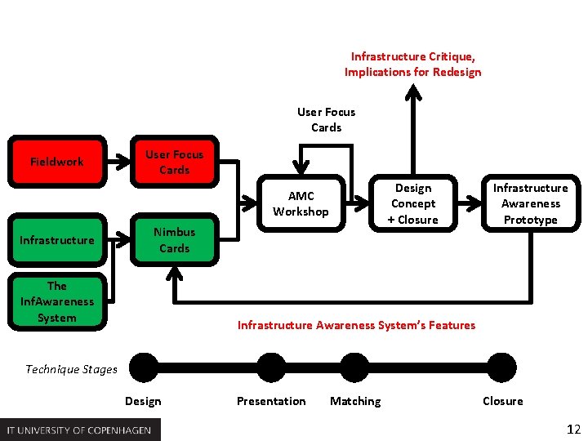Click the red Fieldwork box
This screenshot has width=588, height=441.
tap(56, 162)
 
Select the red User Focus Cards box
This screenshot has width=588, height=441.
tap(174, 162)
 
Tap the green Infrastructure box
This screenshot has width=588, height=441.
tap(56, 240)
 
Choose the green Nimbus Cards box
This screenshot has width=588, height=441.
tap(174, 240)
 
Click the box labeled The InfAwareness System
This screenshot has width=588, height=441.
tap(56, 302)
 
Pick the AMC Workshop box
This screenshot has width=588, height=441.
tap(301, 204)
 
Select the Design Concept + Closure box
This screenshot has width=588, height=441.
tap(412, 204)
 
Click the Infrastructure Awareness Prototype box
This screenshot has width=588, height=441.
tap(530, 204)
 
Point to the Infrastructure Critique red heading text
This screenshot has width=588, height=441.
tap(412, 65)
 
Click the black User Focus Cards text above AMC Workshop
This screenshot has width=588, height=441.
tap(326, 120)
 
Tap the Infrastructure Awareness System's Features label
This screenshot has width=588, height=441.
tap(356, 325)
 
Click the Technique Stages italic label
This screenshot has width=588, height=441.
tap(71, 369)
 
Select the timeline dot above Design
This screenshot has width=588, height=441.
tap(144, 367)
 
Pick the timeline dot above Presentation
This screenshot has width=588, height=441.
tap(270, 367)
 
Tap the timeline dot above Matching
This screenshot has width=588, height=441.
tap(354, 367)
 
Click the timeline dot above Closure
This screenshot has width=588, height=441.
tap(502, 367)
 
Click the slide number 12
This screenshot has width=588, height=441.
tap(573, 429)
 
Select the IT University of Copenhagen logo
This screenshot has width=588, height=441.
tap(80, 430)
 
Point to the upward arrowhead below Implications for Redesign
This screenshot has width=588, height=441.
tap(414, 92)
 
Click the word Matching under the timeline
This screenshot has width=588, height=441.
tap(355, 401)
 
